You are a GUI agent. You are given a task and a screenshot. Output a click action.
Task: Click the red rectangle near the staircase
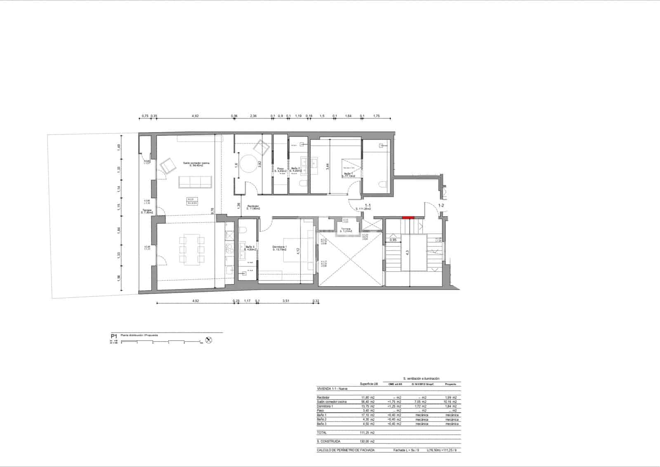pos(408,218)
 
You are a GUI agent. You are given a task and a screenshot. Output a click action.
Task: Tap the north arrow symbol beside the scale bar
pos(209,340)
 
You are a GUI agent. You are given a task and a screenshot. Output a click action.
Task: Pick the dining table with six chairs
pos(190,249)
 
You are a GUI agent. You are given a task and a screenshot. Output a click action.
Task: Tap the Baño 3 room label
pos(250,248)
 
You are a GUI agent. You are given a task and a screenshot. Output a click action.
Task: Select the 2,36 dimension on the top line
pos(253,116)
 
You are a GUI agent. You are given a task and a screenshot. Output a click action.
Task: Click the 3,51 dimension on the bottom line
pos(285,301)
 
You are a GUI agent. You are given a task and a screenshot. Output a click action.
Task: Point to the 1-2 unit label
pos(441,205)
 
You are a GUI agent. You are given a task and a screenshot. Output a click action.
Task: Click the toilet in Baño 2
pos(303,184)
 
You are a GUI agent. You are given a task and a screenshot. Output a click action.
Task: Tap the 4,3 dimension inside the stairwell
pos(407,252)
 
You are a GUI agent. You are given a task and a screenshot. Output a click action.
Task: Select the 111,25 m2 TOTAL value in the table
pos(367,433)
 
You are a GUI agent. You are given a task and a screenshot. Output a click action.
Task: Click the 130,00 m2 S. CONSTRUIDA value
pos(367,441)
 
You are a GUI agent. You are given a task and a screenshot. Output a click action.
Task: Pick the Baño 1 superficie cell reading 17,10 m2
pos(368,415)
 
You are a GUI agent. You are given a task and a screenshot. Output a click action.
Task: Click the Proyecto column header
pos(450,384)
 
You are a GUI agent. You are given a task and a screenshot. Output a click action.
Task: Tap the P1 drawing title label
pos(114,337)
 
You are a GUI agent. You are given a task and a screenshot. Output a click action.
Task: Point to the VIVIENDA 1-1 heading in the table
pos(332,389)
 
